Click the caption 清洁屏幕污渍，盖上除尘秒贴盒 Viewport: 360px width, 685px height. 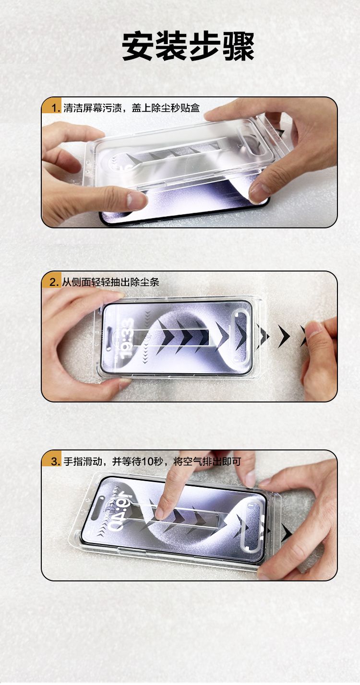tap(132, 107)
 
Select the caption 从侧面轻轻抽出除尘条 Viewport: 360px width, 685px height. tap(111, 282)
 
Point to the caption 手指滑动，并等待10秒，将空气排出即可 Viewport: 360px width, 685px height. tap(152, 461)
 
